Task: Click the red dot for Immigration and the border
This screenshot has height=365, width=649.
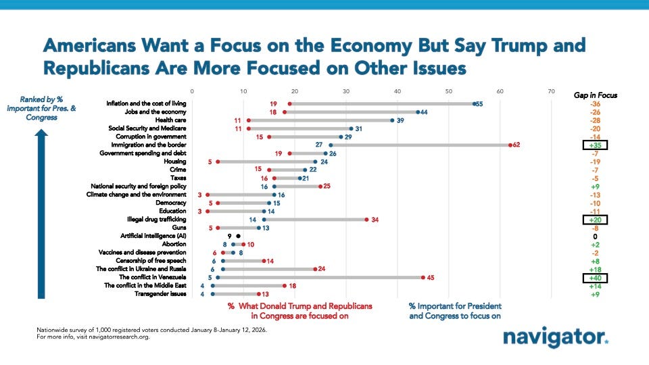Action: [x=510, y=145]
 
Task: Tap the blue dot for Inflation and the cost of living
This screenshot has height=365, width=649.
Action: [x=475, y=103]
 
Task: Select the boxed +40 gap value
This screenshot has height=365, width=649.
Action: [x=595, y=277]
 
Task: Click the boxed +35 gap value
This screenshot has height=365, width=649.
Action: [x=595, y=145]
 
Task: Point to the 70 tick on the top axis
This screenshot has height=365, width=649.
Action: [x=552, y=91]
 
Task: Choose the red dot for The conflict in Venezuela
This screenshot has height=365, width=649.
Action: [x=423, y=277]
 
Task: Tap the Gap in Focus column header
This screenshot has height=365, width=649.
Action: [x=595, y=95]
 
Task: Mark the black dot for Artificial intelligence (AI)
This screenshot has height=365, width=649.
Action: [x=238, y=237]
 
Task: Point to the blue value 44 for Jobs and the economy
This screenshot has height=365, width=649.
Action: [x=428, y=112]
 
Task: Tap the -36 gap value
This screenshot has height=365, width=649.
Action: [x=595, y=104]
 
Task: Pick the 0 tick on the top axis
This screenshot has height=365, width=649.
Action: [x=192, y=91]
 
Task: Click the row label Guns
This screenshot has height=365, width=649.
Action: [x=179, y=228]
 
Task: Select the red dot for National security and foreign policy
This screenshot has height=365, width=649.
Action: [x=320, y=186]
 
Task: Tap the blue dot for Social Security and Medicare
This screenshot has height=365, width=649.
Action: [x=351, y=128]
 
